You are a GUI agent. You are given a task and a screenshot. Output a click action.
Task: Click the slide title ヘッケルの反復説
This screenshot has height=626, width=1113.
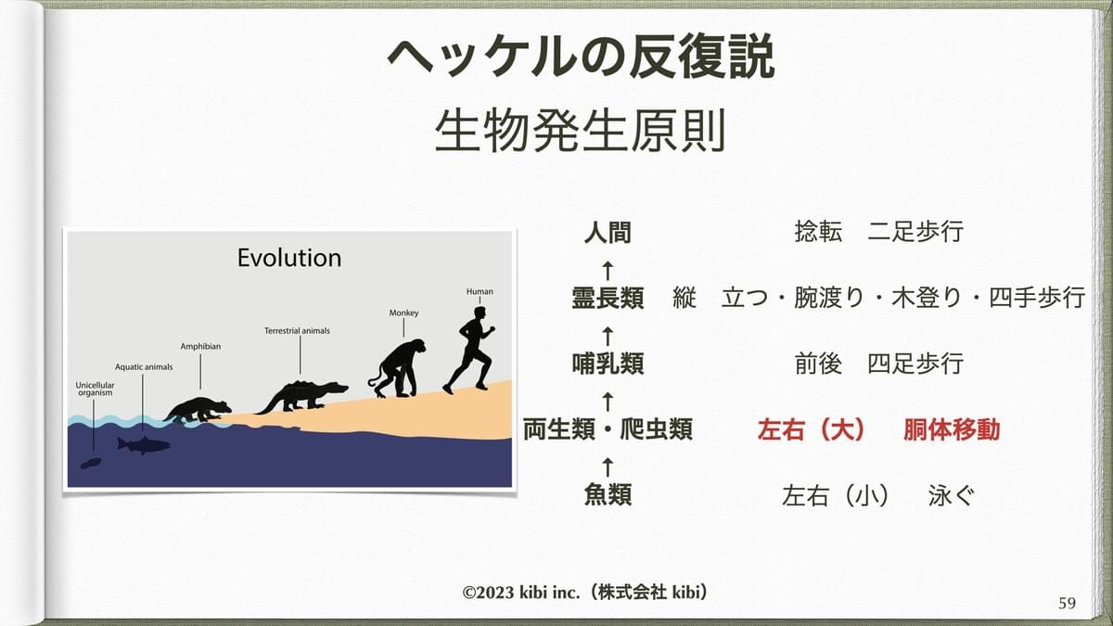(581, 57)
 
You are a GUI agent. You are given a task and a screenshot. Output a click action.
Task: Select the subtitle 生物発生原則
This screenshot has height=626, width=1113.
(581, 131)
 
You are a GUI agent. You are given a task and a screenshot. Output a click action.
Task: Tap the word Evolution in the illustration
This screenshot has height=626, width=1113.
(289, 258)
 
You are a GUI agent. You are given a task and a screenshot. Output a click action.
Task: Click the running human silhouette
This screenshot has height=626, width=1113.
(469, 351)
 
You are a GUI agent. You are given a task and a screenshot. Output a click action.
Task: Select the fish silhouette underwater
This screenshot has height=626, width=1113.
(143, 445)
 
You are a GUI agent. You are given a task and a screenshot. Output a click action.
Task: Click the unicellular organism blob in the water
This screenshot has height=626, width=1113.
(91, 464)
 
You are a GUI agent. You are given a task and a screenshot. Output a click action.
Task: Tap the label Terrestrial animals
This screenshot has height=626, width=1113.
(297, 331)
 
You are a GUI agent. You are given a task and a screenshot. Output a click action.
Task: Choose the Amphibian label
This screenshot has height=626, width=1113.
(200, 346)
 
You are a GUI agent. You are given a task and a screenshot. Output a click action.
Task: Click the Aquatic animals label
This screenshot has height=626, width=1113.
(144, 367)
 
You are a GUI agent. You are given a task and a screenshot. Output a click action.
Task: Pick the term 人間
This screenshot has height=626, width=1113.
(608, 233)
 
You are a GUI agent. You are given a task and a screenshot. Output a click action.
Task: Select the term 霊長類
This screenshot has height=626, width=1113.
(608, 298)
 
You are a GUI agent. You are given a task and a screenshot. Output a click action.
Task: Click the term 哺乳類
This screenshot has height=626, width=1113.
(608, 364)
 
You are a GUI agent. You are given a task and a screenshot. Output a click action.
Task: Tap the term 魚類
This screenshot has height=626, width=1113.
(608, 495)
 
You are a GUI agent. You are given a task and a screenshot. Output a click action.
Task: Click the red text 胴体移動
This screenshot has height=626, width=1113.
(952, 429)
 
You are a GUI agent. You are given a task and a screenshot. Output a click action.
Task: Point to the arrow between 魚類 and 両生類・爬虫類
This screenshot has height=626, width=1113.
(608, 467)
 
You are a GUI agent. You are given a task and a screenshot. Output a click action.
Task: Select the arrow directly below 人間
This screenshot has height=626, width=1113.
(608, 271)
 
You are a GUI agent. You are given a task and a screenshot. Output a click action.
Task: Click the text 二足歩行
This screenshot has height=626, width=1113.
(915, 232)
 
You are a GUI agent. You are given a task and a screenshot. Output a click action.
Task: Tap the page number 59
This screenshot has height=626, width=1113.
(1068, 603)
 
